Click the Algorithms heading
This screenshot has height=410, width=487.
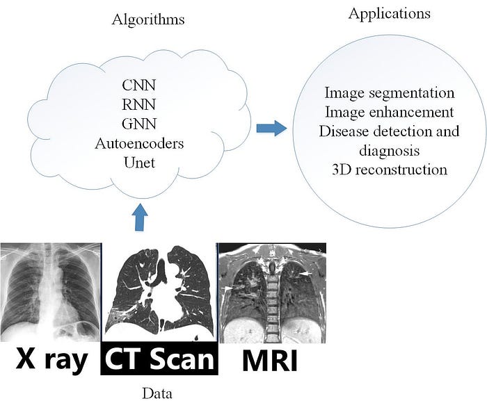tap(148, 19)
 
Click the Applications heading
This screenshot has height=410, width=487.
tap(389, 13)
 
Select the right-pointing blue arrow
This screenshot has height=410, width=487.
tap(271, 128)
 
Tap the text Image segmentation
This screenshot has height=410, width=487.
tap(390, 92)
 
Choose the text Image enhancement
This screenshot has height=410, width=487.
tap(390, 112)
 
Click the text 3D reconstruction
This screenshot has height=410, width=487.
tap(390, 170)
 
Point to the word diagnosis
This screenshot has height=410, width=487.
tap(390, 150)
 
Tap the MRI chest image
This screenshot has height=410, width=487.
tap(272, 293)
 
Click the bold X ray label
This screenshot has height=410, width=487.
tap(51, 360)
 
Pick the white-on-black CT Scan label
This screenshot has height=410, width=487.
tap(159, 360)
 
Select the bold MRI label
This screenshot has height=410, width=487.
tap(270, 360)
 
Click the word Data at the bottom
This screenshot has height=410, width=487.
tap(157, 394)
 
